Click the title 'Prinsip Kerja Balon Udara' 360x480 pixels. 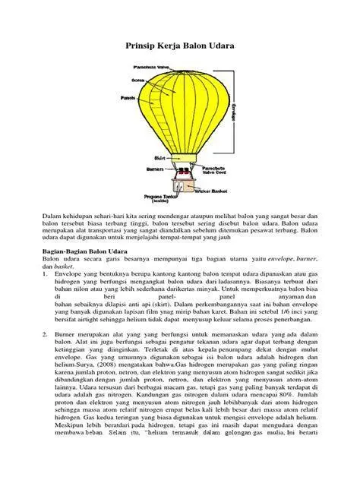179,48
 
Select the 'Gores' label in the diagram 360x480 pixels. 137,78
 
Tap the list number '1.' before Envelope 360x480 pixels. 45,273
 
